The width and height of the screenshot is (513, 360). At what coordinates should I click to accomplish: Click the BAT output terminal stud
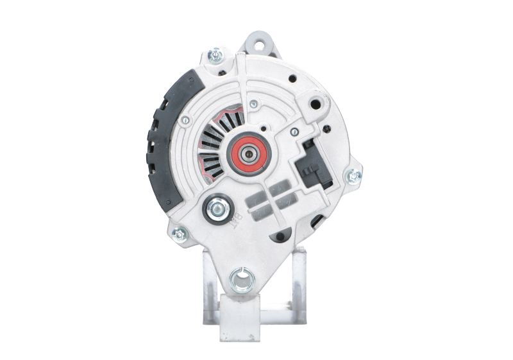pyautogui.click(x=215, y=209)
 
